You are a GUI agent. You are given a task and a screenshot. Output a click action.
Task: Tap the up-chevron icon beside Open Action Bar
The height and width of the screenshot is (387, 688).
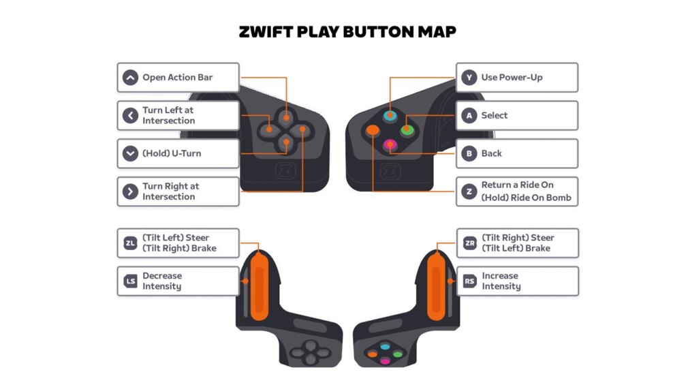point(130,78)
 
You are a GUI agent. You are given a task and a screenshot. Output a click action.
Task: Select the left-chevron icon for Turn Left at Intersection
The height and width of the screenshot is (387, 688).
point(130,115)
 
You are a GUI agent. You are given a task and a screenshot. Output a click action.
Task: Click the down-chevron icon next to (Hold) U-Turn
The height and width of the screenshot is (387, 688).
point(130,153)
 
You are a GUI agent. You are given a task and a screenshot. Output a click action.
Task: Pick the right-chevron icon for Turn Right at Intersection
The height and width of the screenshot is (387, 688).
point(130,191)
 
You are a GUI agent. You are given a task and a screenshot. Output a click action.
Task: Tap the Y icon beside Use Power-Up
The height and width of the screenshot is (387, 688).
point(469,78)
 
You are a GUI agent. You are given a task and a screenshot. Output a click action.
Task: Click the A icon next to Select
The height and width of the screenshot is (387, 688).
point(469,115)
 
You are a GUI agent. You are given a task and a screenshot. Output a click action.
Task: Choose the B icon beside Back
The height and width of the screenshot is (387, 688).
point(469,153)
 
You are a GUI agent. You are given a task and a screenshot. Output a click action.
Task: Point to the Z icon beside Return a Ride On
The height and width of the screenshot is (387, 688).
point(469,191)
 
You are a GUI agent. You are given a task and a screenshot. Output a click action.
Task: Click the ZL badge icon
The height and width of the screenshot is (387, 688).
point(130,243)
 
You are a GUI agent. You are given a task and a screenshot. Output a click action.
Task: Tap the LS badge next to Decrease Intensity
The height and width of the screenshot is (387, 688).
point(130,281)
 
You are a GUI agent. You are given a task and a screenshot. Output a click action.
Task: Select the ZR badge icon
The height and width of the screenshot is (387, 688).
point(470,243)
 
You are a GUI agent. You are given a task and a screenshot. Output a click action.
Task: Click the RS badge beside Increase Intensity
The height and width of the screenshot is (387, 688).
point(470,281)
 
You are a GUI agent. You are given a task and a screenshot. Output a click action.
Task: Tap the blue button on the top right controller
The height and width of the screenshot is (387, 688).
point(390,116)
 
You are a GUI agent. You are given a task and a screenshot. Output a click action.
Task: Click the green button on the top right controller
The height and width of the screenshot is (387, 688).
point(407,129)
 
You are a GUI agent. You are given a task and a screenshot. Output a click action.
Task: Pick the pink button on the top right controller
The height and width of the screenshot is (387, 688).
point(390,144)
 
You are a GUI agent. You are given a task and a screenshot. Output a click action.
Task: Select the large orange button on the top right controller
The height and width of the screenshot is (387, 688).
point(373,130)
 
